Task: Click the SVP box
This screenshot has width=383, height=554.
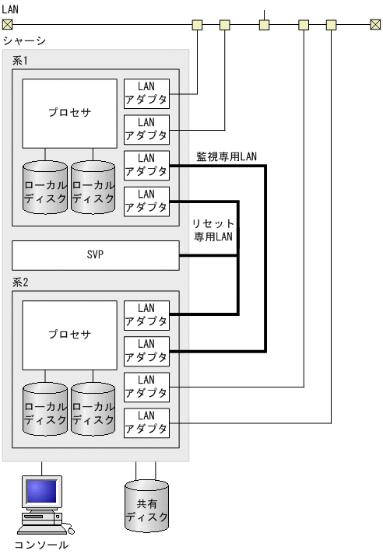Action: (95, 254)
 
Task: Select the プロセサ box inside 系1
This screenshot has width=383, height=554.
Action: (69, 113)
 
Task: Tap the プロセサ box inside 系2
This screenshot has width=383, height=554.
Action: (69, 335)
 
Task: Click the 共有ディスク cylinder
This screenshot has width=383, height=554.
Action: (146, 505)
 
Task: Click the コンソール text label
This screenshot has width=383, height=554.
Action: (41, 545)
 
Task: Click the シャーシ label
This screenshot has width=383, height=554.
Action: (24, 40)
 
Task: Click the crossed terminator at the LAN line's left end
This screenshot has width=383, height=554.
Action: (7, 24)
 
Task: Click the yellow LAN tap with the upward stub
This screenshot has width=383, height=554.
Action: (265, 24)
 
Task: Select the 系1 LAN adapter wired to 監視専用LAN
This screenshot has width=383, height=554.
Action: (146, 165)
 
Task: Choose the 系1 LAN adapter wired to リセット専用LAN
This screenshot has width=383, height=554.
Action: (146, 200)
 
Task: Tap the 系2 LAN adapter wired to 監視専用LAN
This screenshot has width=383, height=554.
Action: (146, 350)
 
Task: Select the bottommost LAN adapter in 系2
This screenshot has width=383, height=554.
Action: (146, 423)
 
